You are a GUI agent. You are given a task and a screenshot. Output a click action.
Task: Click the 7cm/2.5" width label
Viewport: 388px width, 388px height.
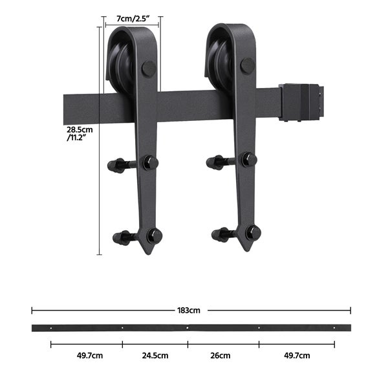[133, 19]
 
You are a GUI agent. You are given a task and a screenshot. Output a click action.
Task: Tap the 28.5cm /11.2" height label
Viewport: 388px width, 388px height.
[80, 134]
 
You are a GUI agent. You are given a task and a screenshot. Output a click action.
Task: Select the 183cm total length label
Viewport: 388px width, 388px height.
[189, 310]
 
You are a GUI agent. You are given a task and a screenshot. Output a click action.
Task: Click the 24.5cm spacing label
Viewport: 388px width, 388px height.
[155, 356]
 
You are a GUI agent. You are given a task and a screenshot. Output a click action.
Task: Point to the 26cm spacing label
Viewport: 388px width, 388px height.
[221, 356]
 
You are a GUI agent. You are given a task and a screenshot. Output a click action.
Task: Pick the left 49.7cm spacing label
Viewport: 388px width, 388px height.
[90, 356]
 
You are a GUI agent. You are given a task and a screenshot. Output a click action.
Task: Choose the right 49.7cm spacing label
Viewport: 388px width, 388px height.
[297, 356]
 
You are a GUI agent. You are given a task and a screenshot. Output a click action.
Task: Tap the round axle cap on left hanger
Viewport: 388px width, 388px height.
[149, 69]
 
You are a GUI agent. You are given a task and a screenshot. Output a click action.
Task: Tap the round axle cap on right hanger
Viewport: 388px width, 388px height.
[248, 65]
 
